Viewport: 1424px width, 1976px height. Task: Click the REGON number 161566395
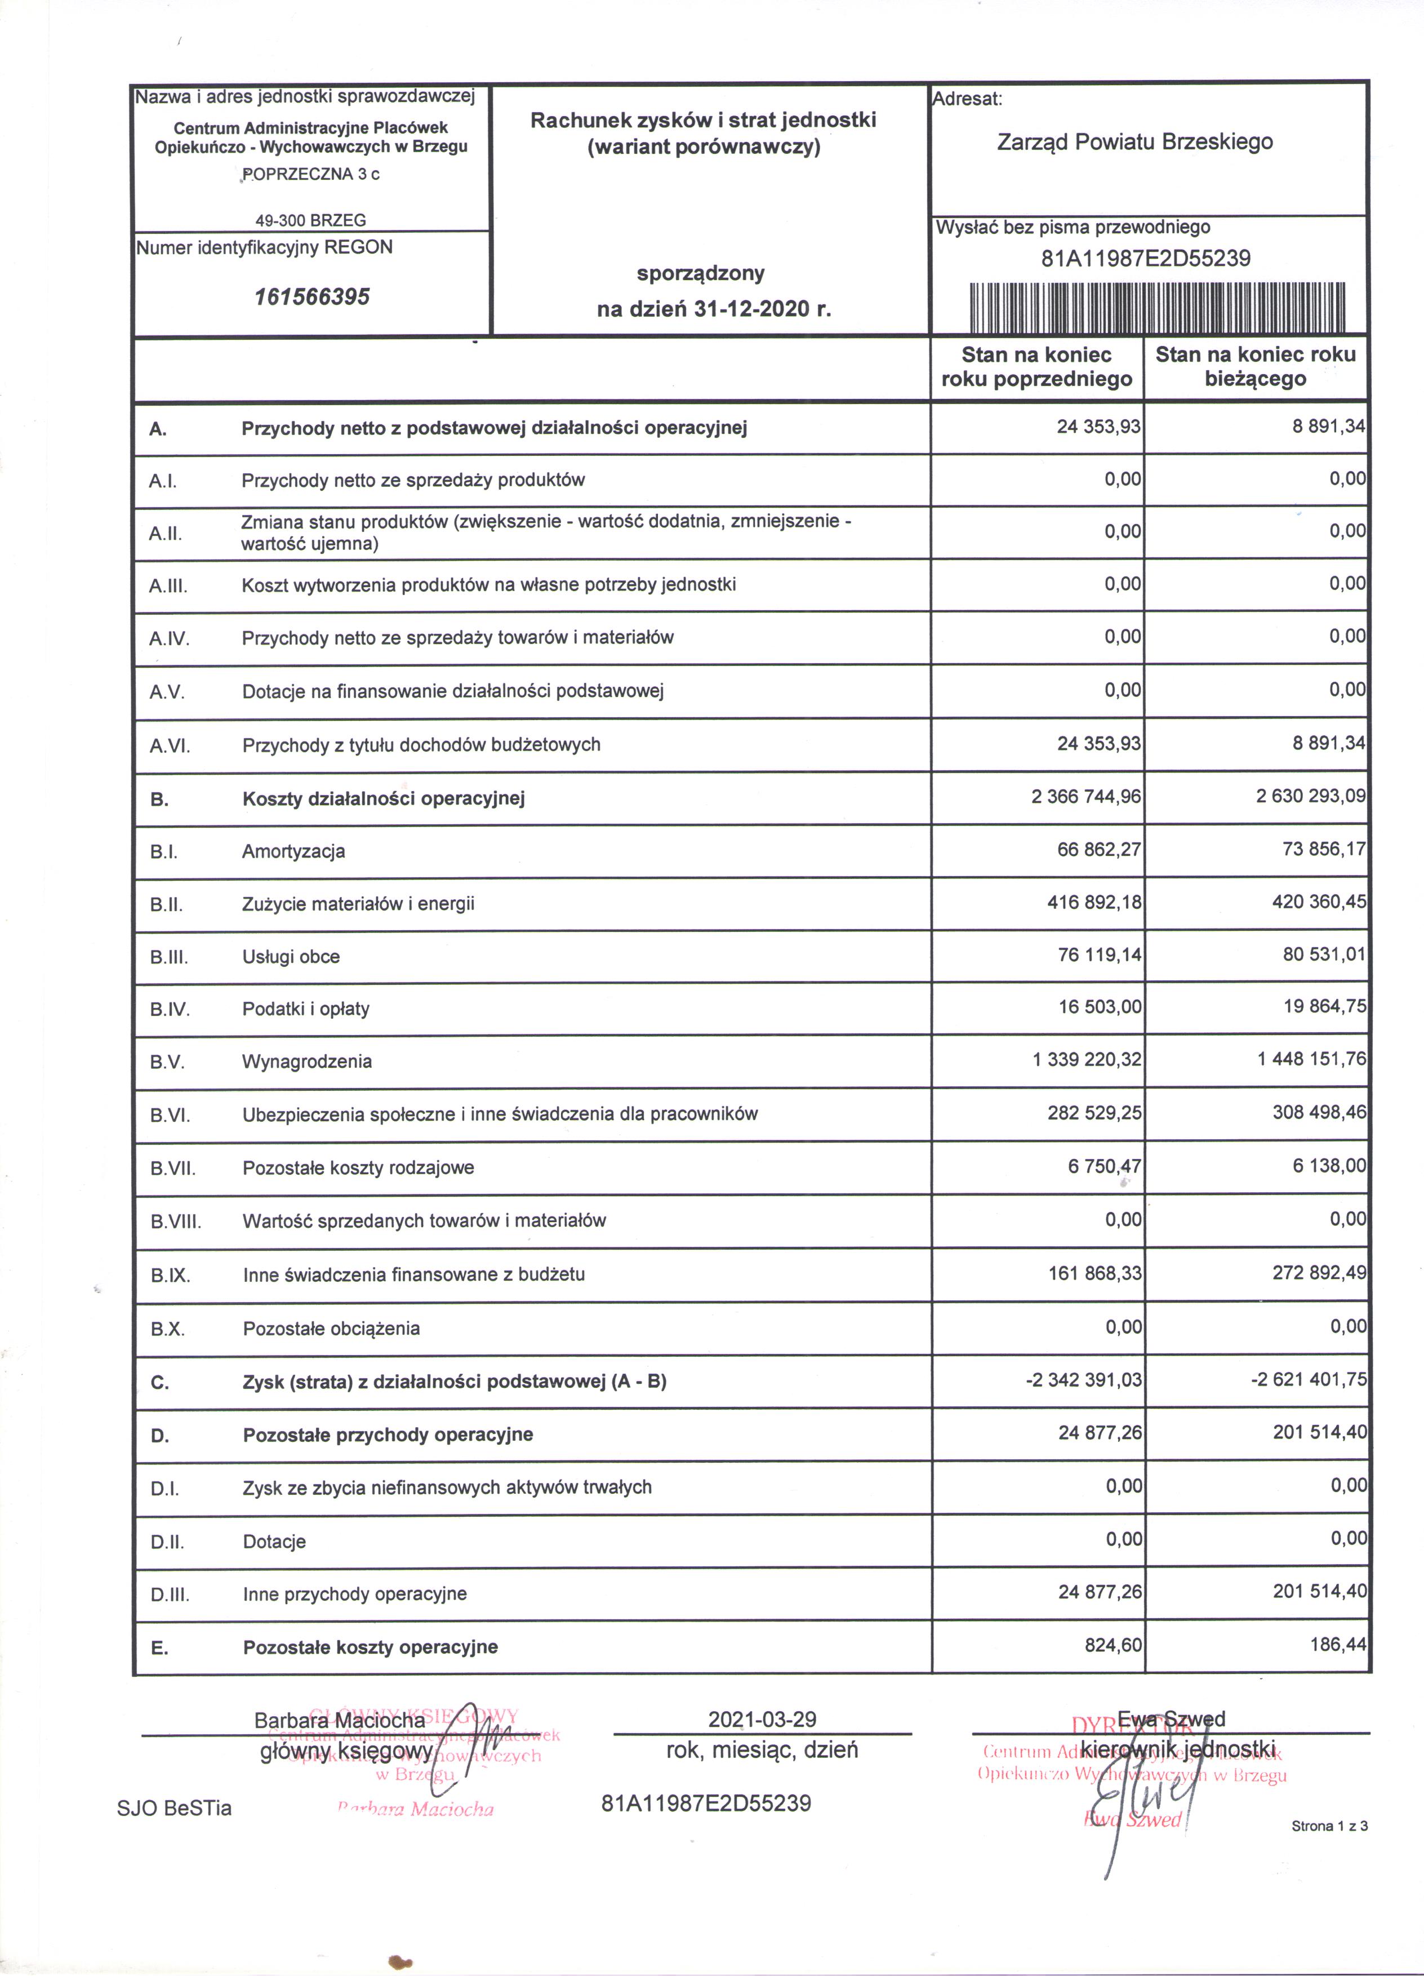tap(312, 297)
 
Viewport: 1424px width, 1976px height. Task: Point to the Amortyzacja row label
tap(293, 851)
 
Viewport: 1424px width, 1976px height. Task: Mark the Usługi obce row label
tap(291, 957)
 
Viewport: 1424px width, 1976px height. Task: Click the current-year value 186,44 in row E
tap(1338, 1645)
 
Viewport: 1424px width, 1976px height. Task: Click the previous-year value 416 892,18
tap(1094, 902)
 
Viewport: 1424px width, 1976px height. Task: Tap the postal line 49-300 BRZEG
tap(311, 220)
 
